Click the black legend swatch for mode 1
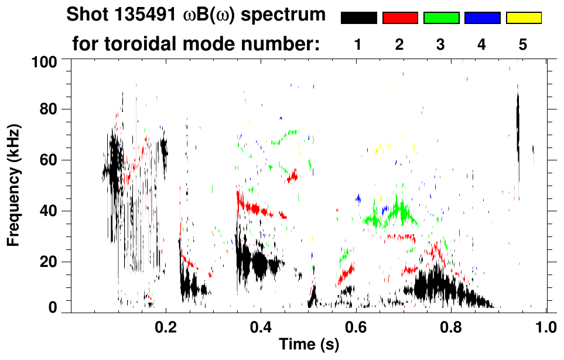point(358,18)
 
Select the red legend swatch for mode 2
point(400,18)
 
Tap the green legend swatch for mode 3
point(441,18)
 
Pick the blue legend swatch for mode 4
point(482,18)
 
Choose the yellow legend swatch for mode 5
point(523,18)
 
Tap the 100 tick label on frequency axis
point(44,61)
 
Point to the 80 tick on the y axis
point(48,109)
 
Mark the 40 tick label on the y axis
point(48,211)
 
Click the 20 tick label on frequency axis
point(48,262)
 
